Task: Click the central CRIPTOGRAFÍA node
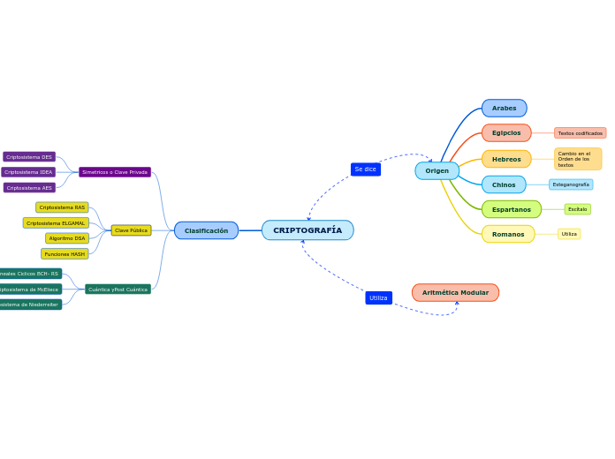307,230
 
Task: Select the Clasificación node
206,230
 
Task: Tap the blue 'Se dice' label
365,169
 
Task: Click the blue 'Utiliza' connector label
378,298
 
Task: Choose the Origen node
437,171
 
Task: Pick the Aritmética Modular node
455,293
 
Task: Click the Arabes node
504,109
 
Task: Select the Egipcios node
506,133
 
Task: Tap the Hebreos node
506,159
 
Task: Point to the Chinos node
504,184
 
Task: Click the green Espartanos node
511,209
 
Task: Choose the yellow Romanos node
508,234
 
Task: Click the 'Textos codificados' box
580,133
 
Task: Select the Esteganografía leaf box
571,184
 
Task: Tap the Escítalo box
577,209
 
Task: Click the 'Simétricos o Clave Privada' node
115,172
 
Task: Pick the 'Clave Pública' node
131,230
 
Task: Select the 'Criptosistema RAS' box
62,207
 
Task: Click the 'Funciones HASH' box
65,254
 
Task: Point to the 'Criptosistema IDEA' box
28,172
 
